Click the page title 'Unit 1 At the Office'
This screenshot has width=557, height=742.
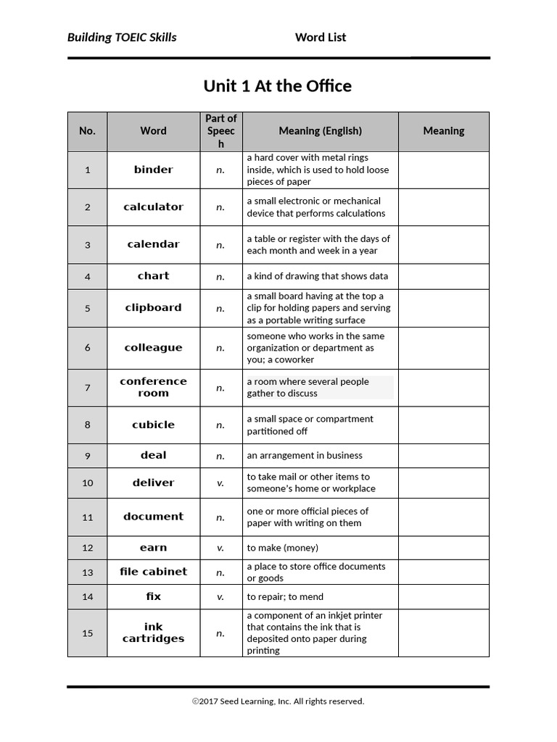coord(277,86)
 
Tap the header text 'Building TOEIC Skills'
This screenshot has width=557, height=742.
coord(122,38)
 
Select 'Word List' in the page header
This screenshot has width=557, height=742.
coord(320,38)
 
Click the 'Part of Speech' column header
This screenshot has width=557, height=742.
coord(221,131)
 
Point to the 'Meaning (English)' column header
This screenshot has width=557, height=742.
coord(320,131)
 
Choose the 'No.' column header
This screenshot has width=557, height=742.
coord(87,131)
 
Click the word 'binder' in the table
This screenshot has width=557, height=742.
coord(153,170)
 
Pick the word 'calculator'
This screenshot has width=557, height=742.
coord(153,207)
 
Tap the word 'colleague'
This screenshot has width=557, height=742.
coord(153,348)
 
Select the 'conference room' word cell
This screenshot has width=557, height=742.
coord(153,388)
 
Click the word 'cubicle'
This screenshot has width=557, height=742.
coord(153,425)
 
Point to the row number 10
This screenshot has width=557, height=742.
coord(87,483)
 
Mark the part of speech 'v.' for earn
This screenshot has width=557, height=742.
coord(220,548)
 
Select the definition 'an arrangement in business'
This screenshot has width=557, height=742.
coord(305,456)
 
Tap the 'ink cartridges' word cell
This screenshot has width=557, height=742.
coord(153,633)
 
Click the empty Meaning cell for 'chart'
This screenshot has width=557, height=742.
coord(443,276)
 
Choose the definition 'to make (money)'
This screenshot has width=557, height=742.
coord(282,548)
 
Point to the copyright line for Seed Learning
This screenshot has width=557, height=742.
coord(278,701)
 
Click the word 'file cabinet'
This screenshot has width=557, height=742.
coord(153,572)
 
